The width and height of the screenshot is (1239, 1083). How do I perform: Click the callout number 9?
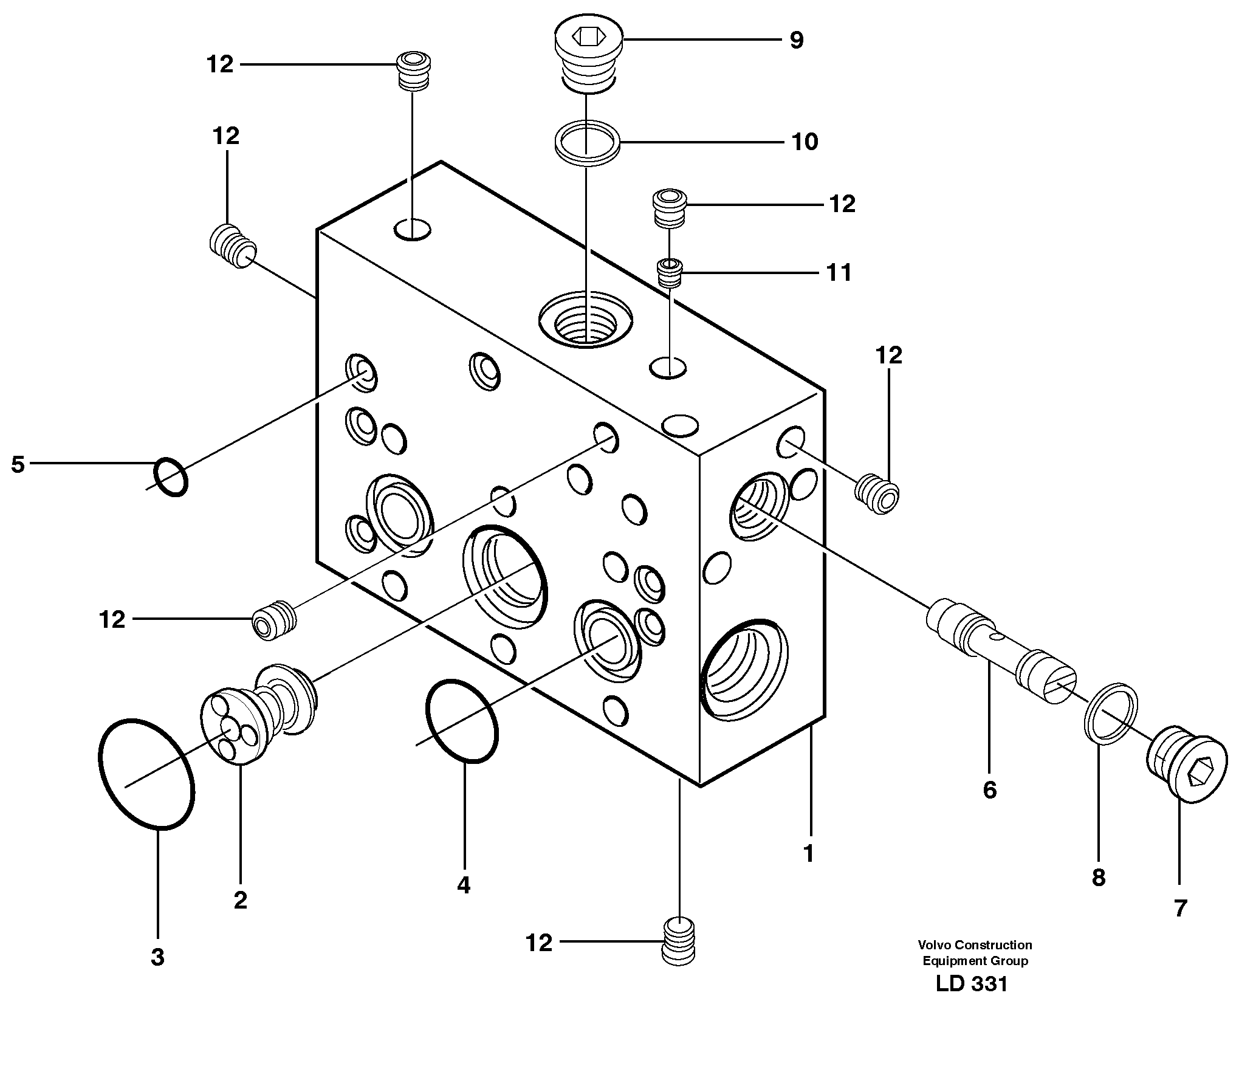796,40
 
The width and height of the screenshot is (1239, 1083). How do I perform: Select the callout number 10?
805,142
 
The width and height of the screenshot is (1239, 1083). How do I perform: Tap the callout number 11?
839,272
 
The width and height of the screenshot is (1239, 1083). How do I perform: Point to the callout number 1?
808,854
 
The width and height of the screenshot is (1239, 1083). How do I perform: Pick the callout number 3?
157,957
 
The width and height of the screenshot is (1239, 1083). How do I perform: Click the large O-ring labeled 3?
146,773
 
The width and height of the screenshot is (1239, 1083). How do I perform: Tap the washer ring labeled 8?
1111,713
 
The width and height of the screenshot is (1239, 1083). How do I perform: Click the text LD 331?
972,1001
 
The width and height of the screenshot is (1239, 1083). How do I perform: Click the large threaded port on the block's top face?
586,319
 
